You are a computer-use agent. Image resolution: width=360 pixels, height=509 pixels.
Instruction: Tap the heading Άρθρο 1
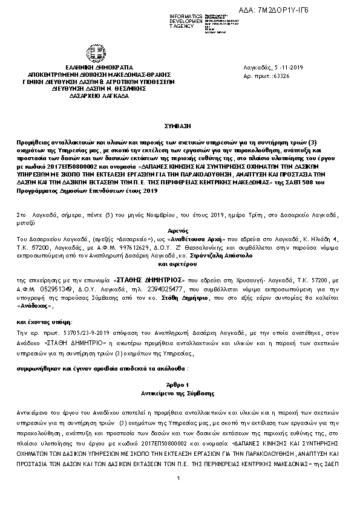(179, 384)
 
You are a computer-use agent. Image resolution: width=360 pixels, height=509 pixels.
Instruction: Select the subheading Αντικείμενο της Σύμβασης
(179, 393)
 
